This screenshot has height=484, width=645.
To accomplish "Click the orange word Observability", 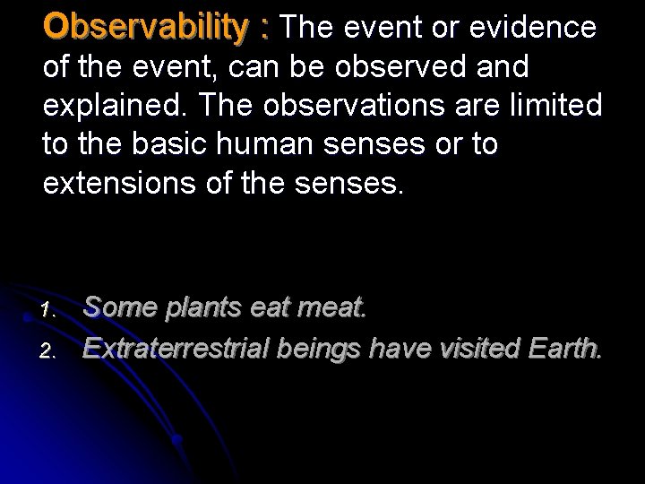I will pyautogui.click(x=147, y=28).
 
